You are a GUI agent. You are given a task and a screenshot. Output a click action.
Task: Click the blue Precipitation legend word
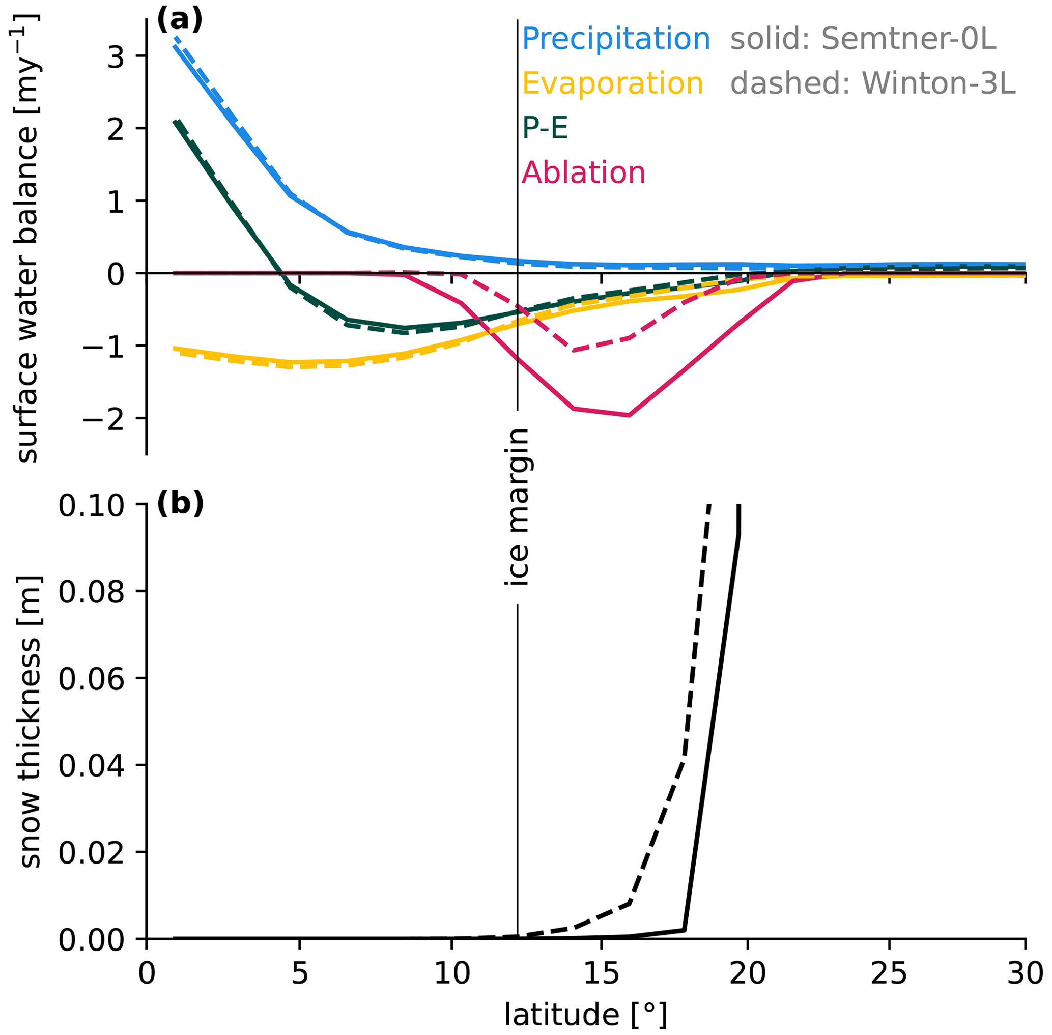tap(615, 39)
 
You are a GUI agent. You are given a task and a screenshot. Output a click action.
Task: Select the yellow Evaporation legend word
tap(612, 84)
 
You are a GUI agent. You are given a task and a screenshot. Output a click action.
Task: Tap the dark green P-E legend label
tap(545, 129)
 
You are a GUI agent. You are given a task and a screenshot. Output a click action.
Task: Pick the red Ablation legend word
tap(583, 174)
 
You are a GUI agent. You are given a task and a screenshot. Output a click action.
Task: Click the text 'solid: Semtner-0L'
tap(863, 39)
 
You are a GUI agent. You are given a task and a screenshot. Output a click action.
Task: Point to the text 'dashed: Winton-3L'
tap(872, 84)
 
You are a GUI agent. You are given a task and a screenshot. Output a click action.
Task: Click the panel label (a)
tap(180, 20)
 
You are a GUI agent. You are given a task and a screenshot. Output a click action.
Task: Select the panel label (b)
tap(180, 503)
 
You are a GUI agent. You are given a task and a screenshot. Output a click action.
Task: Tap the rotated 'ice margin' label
tap(517, 507)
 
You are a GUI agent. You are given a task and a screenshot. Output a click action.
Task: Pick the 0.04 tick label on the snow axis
tap(91, 766)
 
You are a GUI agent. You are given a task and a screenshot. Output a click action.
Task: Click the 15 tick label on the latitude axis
tap(601, 973)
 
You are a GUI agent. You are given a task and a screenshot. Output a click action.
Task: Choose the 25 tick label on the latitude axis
tap(889, 973)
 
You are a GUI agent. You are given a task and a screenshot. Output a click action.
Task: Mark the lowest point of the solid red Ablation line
tap(629, 415)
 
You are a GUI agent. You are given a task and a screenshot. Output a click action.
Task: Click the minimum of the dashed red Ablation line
tap(573, 351)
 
